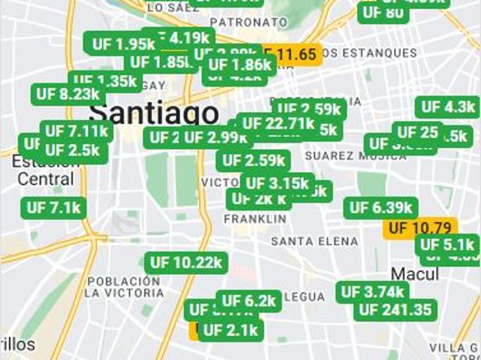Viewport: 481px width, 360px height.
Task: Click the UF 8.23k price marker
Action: pyautogui.click(x=68, y=94)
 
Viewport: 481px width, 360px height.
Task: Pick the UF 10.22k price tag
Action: pyautogui.click(x=186, y=262)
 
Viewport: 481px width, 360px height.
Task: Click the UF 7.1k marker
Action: pyautogui.click(x=56, y=207)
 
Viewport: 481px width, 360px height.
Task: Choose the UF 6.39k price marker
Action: pyautogui.click(x=380, y=207)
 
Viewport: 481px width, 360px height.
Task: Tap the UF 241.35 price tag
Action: pyautogui.click(x=396, y=310)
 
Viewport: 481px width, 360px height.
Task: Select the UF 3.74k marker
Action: pyautogui.click(x=373, y=292)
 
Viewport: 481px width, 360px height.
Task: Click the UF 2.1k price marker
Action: pyautogui.click(x=230, y=330)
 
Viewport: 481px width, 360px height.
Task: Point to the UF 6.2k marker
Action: pyautogui.click(x=250, y=301)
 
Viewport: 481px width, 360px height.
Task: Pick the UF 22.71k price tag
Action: pyautogui.click(x=278, y=123)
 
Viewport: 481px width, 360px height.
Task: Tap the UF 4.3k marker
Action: pyautogui.click(x=448, y=107)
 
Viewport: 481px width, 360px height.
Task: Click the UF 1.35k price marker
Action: pyautogui.click(x=105, y=80)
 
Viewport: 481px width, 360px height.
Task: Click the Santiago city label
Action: pyautogui.click(x=154, y=114)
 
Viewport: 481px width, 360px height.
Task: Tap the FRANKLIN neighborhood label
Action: pyautogui.click(x=255, y=219)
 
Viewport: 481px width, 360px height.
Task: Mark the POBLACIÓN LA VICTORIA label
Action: pyautogui.click(x=125, y=286)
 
